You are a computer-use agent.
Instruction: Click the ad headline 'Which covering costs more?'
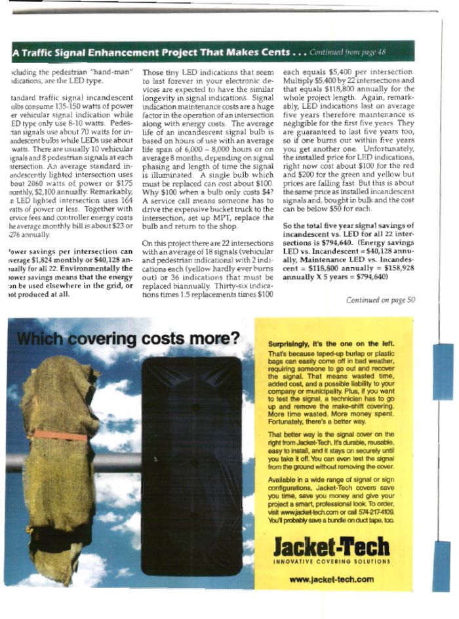[128, 340]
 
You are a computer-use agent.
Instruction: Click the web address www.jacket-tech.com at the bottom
[331, 579]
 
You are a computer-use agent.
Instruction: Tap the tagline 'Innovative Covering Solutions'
[331, 561]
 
